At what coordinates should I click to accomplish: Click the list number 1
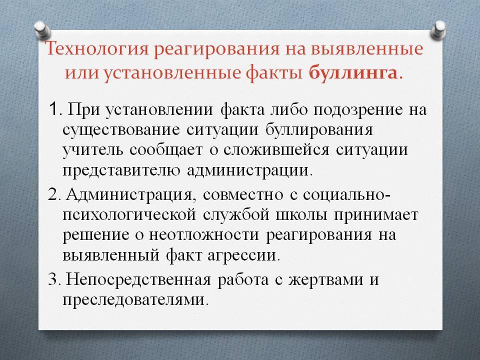(x=54, y=109)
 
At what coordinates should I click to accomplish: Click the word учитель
(x=93, y=150)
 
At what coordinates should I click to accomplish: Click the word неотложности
(x=204, y=235)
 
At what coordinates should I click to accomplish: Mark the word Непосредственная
(x=138, y=280)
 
